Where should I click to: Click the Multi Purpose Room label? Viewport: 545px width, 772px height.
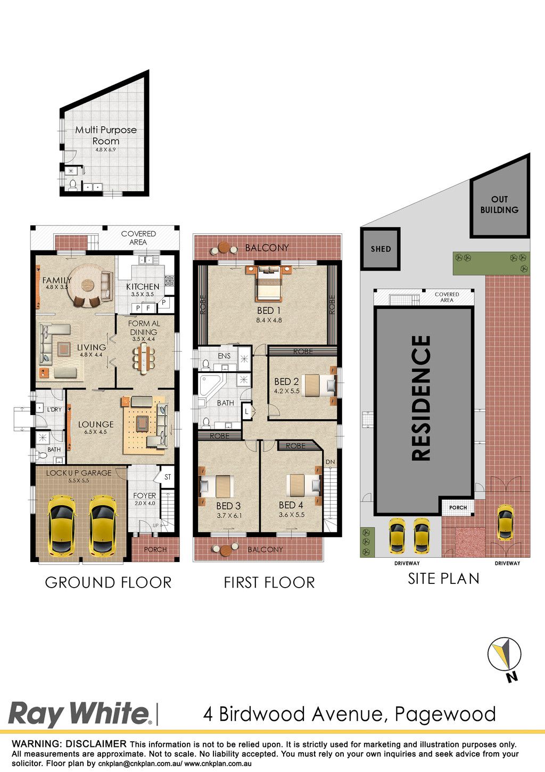pyautogui.click(x=106, y=135)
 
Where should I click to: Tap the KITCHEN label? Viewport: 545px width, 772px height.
pyautogui.click(x=143, y=287)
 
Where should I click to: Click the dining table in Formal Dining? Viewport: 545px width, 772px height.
pyautogui.click(x=144, y=359)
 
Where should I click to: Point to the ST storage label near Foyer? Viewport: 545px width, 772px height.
pyautogui.click(x=168, y=477)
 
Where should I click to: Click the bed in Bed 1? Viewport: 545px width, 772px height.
pyautogui.click(x=269, y=283)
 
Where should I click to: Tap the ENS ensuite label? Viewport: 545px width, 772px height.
pyautogui.click(x=224, y=356)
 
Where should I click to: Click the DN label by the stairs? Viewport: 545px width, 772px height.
pyautogui.click(x=330, y=462)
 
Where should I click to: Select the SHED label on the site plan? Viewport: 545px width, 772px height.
pyautogui.click(x=381, y=249)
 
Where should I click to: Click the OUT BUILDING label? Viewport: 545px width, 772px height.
pyautogui.click(x=500, y=205)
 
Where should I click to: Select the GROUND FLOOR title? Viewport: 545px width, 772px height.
pyautogui.click(x=108, y=583)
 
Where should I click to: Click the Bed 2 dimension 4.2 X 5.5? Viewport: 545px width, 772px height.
pyautogui.click(x=287, y=391)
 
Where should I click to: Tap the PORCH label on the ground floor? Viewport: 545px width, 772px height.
pyautogui.click(x=155, y=549)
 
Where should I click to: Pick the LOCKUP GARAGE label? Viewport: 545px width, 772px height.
pyautogui.click(x=79, y=473)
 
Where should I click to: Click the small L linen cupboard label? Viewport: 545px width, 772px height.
pyautogui.click(x=246, y=411)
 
